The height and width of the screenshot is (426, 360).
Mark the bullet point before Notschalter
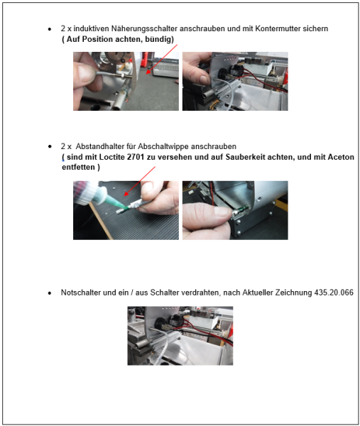48,293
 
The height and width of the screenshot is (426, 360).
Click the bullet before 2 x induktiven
48,29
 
